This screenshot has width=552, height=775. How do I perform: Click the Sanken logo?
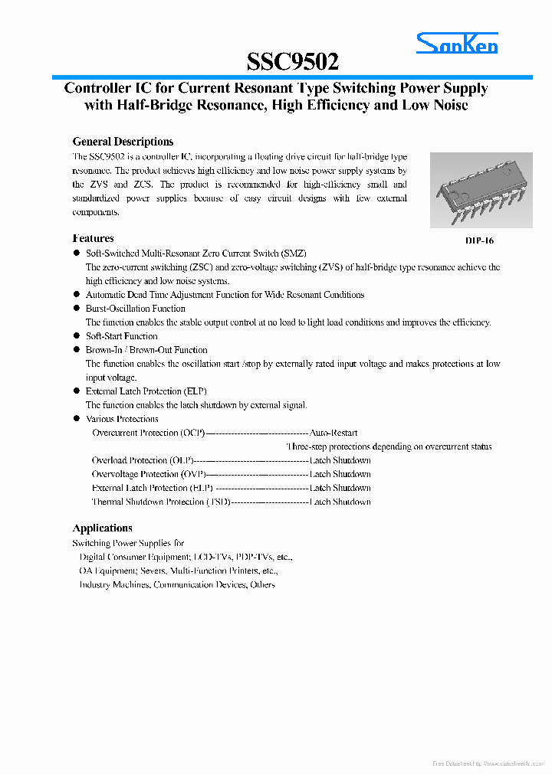457,44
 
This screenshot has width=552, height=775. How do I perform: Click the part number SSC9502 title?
293,61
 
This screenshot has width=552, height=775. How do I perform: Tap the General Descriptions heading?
123,142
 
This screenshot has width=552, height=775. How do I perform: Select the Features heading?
93,238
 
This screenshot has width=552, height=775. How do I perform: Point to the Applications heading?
102,528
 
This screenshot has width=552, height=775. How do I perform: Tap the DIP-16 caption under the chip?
479,240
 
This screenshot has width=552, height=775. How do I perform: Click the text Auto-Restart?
333,433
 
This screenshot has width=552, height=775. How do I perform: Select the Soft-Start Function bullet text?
121,336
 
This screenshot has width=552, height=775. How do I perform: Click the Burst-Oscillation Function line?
135,309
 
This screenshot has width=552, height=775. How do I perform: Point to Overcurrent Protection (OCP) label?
149,433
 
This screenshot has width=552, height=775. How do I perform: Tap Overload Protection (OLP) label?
143,460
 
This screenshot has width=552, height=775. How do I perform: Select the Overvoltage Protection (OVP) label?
146,474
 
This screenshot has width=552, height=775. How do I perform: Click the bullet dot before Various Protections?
77,419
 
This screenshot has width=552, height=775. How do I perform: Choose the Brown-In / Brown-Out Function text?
146,350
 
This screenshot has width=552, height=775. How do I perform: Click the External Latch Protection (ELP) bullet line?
146,391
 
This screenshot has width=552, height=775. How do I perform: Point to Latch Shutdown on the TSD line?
340,502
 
